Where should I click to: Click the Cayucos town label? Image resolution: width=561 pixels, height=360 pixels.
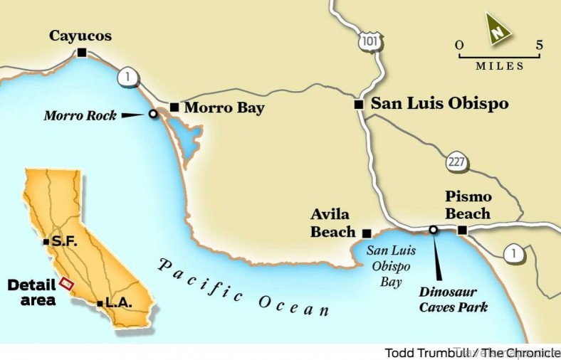click(x=80, y=36)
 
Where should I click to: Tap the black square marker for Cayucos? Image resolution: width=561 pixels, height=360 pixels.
click(x=82, y=52)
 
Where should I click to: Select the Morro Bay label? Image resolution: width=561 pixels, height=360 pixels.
click(x=224, y=108)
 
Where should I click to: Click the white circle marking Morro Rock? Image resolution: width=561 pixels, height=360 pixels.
click(x=152, y=114)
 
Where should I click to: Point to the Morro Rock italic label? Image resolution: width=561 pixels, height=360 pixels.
click(x=80, y=115)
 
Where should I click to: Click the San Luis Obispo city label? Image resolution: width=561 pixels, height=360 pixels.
click(x=440, y=103)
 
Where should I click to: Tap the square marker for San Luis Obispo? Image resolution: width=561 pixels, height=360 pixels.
click(x=360, y=105)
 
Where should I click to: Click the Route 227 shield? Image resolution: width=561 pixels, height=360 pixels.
click(x=457, y=162)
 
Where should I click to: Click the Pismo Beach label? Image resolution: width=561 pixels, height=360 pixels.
click(x=468, y=205)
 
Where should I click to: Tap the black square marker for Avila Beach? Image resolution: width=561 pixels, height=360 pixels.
click(x=367, y=233)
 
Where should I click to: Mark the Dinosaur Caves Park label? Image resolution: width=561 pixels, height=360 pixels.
click(x=453, y=300)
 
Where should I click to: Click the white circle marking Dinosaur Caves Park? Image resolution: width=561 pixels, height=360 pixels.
click(x=433, y=229)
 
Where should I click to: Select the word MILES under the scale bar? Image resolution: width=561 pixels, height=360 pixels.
click(x=499, y=66)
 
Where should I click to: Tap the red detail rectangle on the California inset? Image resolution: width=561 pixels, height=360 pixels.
click(x=67, y=283)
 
